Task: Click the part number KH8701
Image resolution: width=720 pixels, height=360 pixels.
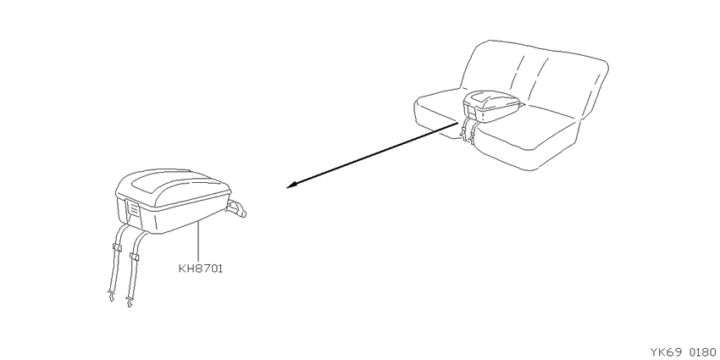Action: (200, 269)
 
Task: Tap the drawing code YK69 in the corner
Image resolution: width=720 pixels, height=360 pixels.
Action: (665, 352)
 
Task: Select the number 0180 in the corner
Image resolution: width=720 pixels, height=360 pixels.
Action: (702, 352)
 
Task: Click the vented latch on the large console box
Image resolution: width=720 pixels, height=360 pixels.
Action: (133, 209)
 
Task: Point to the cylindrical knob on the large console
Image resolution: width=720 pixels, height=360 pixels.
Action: (237, 210)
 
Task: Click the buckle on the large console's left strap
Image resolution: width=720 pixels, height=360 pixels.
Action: (117, 248)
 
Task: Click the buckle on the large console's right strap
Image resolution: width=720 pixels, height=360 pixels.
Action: (134, 256)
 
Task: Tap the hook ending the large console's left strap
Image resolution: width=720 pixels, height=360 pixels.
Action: (111, 297)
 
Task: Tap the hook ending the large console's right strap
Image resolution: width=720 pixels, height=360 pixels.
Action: (130, 302)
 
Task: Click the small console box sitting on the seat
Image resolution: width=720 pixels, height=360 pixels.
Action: (492, 106)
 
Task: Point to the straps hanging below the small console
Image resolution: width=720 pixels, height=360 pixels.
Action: (468, 128)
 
